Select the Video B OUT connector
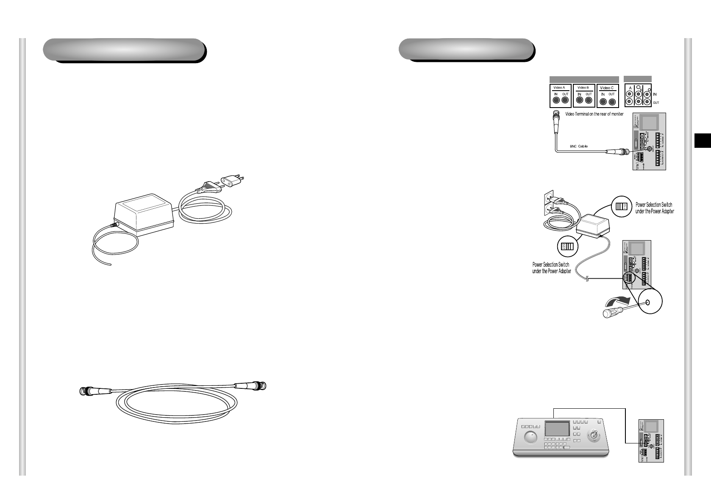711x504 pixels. [589, 101]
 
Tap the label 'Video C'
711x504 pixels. [607, 88]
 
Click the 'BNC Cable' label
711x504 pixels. [579, 147]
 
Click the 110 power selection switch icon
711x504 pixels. [621, 207]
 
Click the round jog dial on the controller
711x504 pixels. [530, 438]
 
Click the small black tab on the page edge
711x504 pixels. [703, 141]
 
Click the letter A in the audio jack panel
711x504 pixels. [630, 88]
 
